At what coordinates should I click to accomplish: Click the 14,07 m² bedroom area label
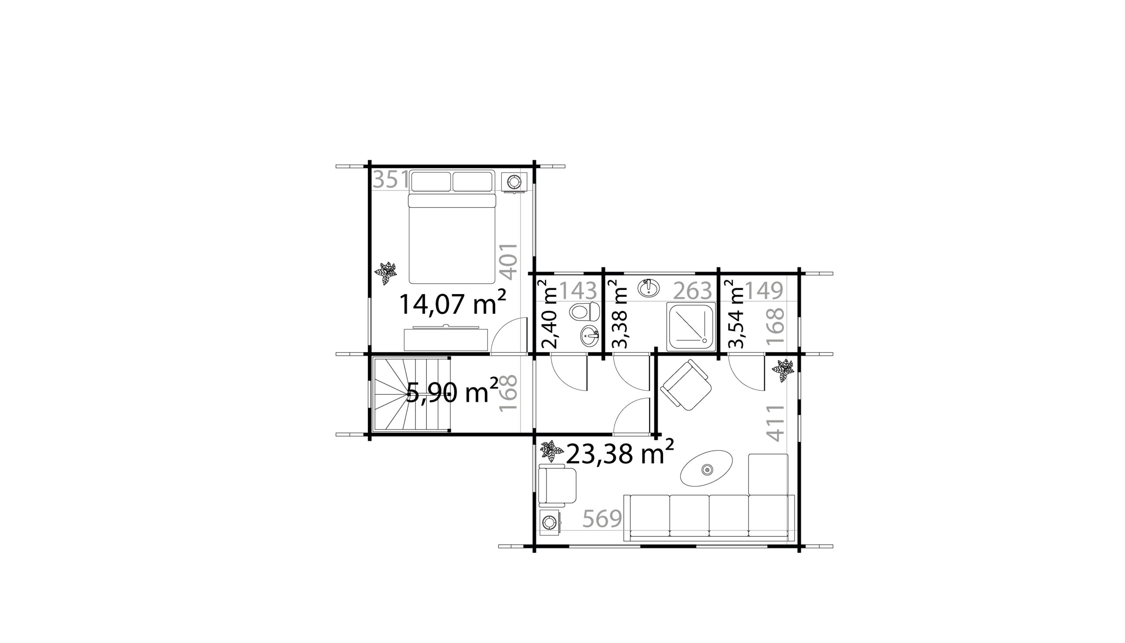(x=453, y=303)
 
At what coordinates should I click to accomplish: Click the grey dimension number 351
(x=391, y=180)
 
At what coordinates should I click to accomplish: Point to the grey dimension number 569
(x=602, y=519)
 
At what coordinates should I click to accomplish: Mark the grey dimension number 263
(x=693, y=291)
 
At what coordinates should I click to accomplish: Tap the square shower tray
(x=691, y=327)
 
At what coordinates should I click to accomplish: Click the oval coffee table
(x=707, y=468)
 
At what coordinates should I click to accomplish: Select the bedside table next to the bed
(x=514, y=182)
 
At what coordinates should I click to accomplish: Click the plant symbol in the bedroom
(x=385, y=273)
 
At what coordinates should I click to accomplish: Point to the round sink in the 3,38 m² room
(x=649, y=287)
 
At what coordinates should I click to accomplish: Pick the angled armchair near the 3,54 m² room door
(x=686, y=385)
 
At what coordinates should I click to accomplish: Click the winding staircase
(x=411, y=394)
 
